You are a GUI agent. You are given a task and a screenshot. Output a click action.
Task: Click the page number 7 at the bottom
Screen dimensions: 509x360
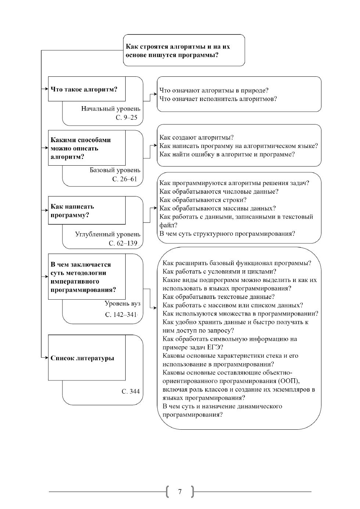pyautogui.click(x=180, y=492)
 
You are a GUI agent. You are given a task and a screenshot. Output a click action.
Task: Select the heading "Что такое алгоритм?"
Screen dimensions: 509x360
pyautogui.click(x=84, y=89)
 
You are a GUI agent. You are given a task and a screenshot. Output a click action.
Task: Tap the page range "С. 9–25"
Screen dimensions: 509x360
pyautogui.click(x=126, y=118)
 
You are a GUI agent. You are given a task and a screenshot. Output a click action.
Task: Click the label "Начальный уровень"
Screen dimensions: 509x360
pyautogui.click(x=111, y=109)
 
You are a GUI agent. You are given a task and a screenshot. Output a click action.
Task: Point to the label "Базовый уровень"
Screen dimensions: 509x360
pyautogui.click(x=115, y=170)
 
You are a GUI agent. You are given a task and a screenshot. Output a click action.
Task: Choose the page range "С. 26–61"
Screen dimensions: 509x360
pyautogui.click(x=125, y=179)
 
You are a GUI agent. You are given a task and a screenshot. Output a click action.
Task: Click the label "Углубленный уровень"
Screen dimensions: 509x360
pyautogui.click(x=108, y=234)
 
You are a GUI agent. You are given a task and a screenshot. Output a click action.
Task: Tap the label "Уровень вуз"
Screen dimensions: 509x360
pyautogui.click(x=122, y=304)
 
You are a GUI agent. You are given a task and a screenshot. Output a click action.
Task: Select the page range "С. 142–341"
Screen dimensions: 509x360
pyautogui.click(x=121, y=315)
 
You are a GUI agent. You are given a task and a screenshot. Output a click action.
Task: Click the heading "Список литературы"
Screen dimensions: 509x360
pyautogui.click(x=82, y=358)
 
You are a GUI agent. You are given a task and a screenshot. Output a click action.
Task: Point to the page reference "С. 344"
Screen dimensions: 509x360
pyautogui.click(x=131, y=391)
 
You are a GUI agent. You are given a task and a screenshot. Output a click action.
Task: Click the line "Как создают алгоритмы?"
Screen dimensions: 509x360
pyautogui.click(x=197, y=138)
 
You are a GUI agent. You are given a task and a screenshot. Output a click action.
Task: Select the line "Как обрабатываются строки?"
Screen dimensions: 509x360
pyautogui.click(x=203, y=200)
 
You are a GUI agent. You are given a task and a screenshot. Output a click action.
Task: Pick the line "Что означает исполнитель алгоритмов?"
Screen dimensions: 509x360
pyautogui.click(x=218, y=99)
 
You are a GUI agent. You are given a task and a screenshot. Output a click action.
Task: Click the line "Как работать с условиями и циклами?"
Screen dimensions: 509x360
pyautogui.click(x=220, y=272)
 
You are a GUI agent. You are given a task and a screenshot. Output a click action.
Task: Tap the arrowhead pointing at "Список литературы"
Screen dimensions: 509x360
pyautogui.click(x=46, y=358)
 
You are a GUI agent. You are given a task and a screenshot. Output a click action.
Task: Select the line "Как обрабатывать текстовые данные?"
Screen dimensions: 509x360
pyautogui.click(x=219, y=297)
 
